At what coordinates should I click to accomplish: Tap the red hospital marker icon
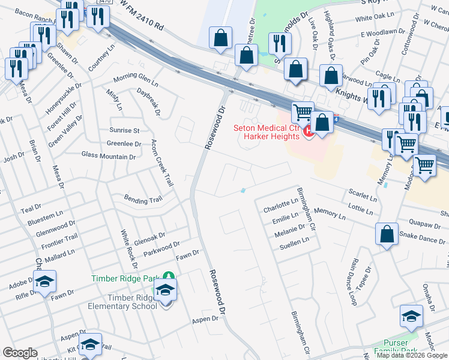coord(309,130)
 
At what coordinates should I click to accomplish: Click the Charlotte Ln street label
coord(280,206)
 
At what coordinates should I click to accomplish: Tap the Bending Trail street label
coord(143,199)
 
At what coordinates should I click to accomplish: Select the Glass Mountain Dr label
coord(109,156)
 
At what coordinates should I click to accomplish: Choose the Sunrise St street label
coord(124,130)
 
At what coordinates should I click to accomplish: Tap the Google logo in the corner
coord(20,353)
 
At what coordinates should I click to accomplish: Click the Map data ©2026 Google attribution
coord(412,355)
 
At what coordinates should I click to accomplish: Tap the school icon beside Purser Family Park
coord(411,316)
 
